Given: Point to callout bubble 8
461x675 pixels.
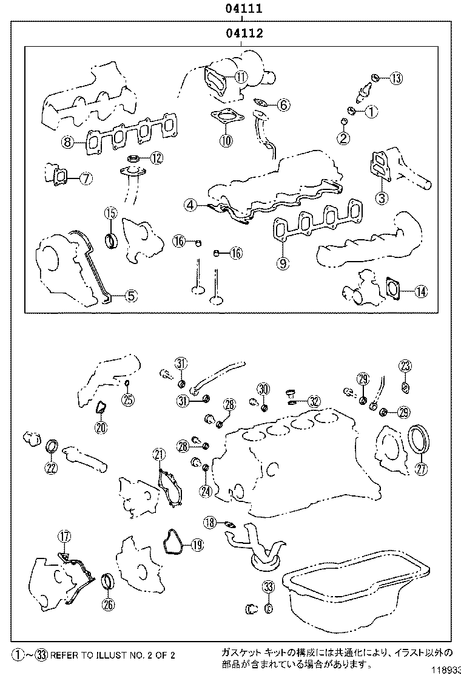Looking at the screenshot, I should point(67,143).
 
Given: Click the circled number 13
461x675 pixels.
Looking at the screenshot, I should point(395,78).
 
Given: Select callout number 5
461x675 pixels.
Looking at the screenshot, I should point(131,296).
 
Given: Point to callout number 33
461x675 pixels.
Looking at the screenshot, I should point(268,586).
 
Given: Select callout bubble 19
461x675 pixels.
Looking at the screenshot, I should point(196,545).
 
